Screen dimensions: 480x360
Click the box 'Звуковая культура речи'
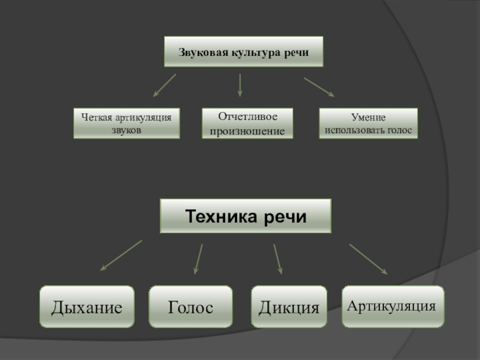click(244, 52)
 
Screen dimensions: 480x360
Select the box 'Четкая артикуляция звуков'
click(127, 123)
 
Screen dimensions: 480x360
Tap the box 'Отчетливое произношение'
click(247, 123)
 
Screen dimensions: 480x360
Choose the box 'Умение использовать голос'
click(368, 123)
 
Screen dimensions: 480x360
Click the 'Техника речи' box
click(245, 216)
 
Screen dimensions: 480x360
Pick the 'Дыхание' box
click(86, 307)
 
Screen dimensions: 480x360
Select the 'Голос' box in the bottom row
click(190, 307)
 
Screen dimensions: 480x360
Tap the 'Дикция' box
click(289, 307)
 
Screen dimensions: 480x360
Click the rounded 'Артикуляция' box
click(393, 307)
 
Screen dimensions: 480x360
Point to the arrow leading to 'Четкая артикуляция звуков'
click(164, 85)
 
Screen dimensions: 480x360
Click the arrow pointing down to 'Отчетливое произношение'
click(240, 85)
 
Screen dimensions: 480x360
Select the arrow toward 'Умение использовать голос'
click(319, 86)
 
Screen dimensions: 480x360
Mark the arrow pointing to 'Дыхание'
click(121, 256)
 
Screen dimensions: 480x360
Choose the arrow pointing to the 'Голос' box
click(198, 259)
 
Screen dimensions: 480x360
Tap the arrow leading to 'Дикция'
click(278, 259)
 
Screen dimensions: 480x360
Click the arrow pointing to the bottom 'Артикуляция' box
click(368, 259)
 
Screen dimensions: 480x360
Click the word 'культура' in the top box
click(254, 52)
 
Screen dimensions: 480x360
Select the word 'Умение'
click(368, 118)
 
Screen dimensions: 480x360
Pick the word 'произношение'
click(247, 130)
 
